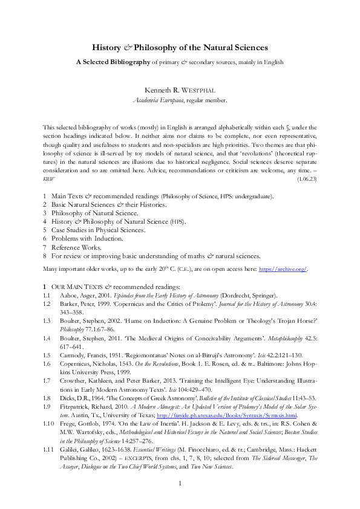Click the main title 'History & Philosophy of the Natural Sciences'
pyautogui.click(x=180, y=47)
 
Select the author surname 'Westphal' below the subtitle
pyautogui.click(x=198, y=90)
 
